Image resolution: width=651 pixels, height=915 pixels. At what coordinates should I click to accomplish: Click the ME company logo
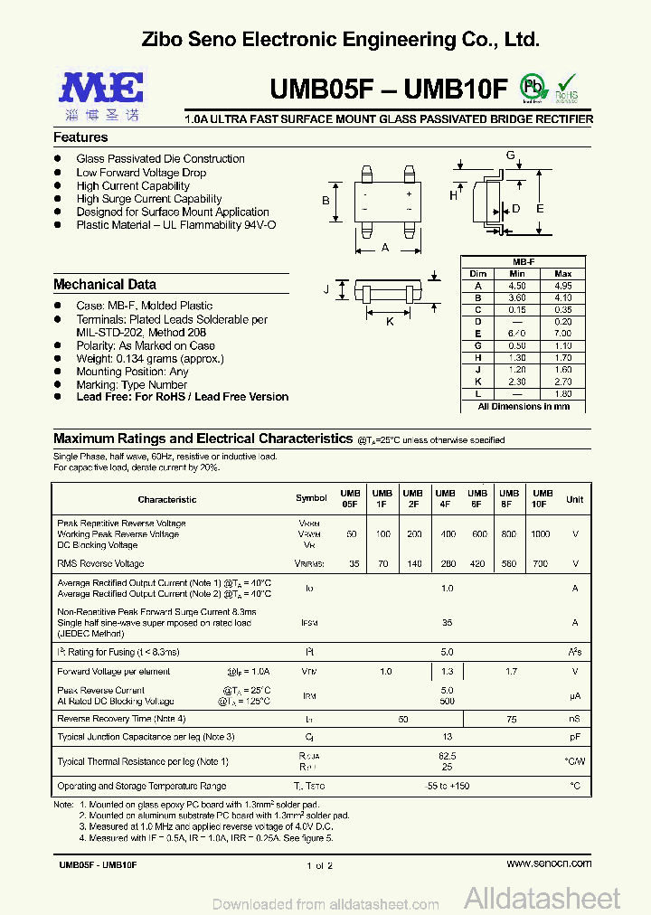(x=102, y=94)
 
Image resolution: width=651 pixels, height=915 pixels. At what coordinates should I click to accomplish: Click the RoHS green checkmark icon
(x=566, y=87)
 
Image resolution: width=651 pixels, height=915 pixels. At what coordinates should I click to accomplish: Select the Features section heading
(x=80, y=137)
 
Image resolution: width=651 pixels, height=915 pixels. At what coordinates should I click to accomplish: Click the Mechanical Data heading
(x=105, y=284)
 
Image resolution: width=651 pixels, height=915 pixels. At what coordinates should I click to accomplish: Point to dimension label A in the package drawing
(x=385, y=247)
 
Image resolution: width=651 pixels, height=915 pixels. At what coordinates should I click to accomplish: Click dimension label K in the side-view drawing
(x=390, y=321)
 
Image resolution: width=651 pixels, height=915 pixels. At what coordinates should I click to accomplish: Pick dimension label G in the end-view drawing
(x=510, y=156)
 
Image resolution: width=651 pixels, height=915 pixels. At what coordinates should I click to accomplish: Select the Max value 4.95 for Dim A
(x=562, y=285)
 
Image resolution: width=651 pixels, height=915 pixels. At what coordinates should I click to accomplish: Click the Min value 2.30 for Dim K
(x=517, y=382)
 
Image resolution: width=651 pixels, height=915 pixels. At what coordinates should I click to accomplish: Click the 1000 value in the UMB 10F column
(x=540, y=534)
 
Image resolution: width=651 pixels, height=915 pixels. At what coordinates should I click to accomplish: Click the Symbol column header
(x=311, y=499)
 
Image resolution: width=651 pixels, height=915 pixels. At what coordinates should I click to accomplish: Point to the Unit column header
(x=574, y=499)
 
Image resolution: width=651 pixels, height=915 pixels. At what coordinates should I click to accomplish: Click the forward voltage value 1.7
(x=511, y=672)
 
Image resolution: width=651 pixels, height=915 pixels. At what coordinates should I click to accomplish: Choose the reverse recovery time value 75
(x=511, y=719)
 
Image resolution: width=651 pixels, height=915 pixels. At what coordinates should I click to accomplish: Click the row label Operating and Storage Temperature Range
(x=142, y=787)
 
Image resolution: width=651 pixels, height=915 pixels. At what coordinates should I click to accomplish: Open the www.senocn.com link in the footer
(x=549, y=864)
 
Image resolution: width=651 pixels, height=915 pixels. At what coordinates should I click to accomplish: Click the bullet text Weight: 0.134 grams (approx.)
(x=149, y=358)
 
